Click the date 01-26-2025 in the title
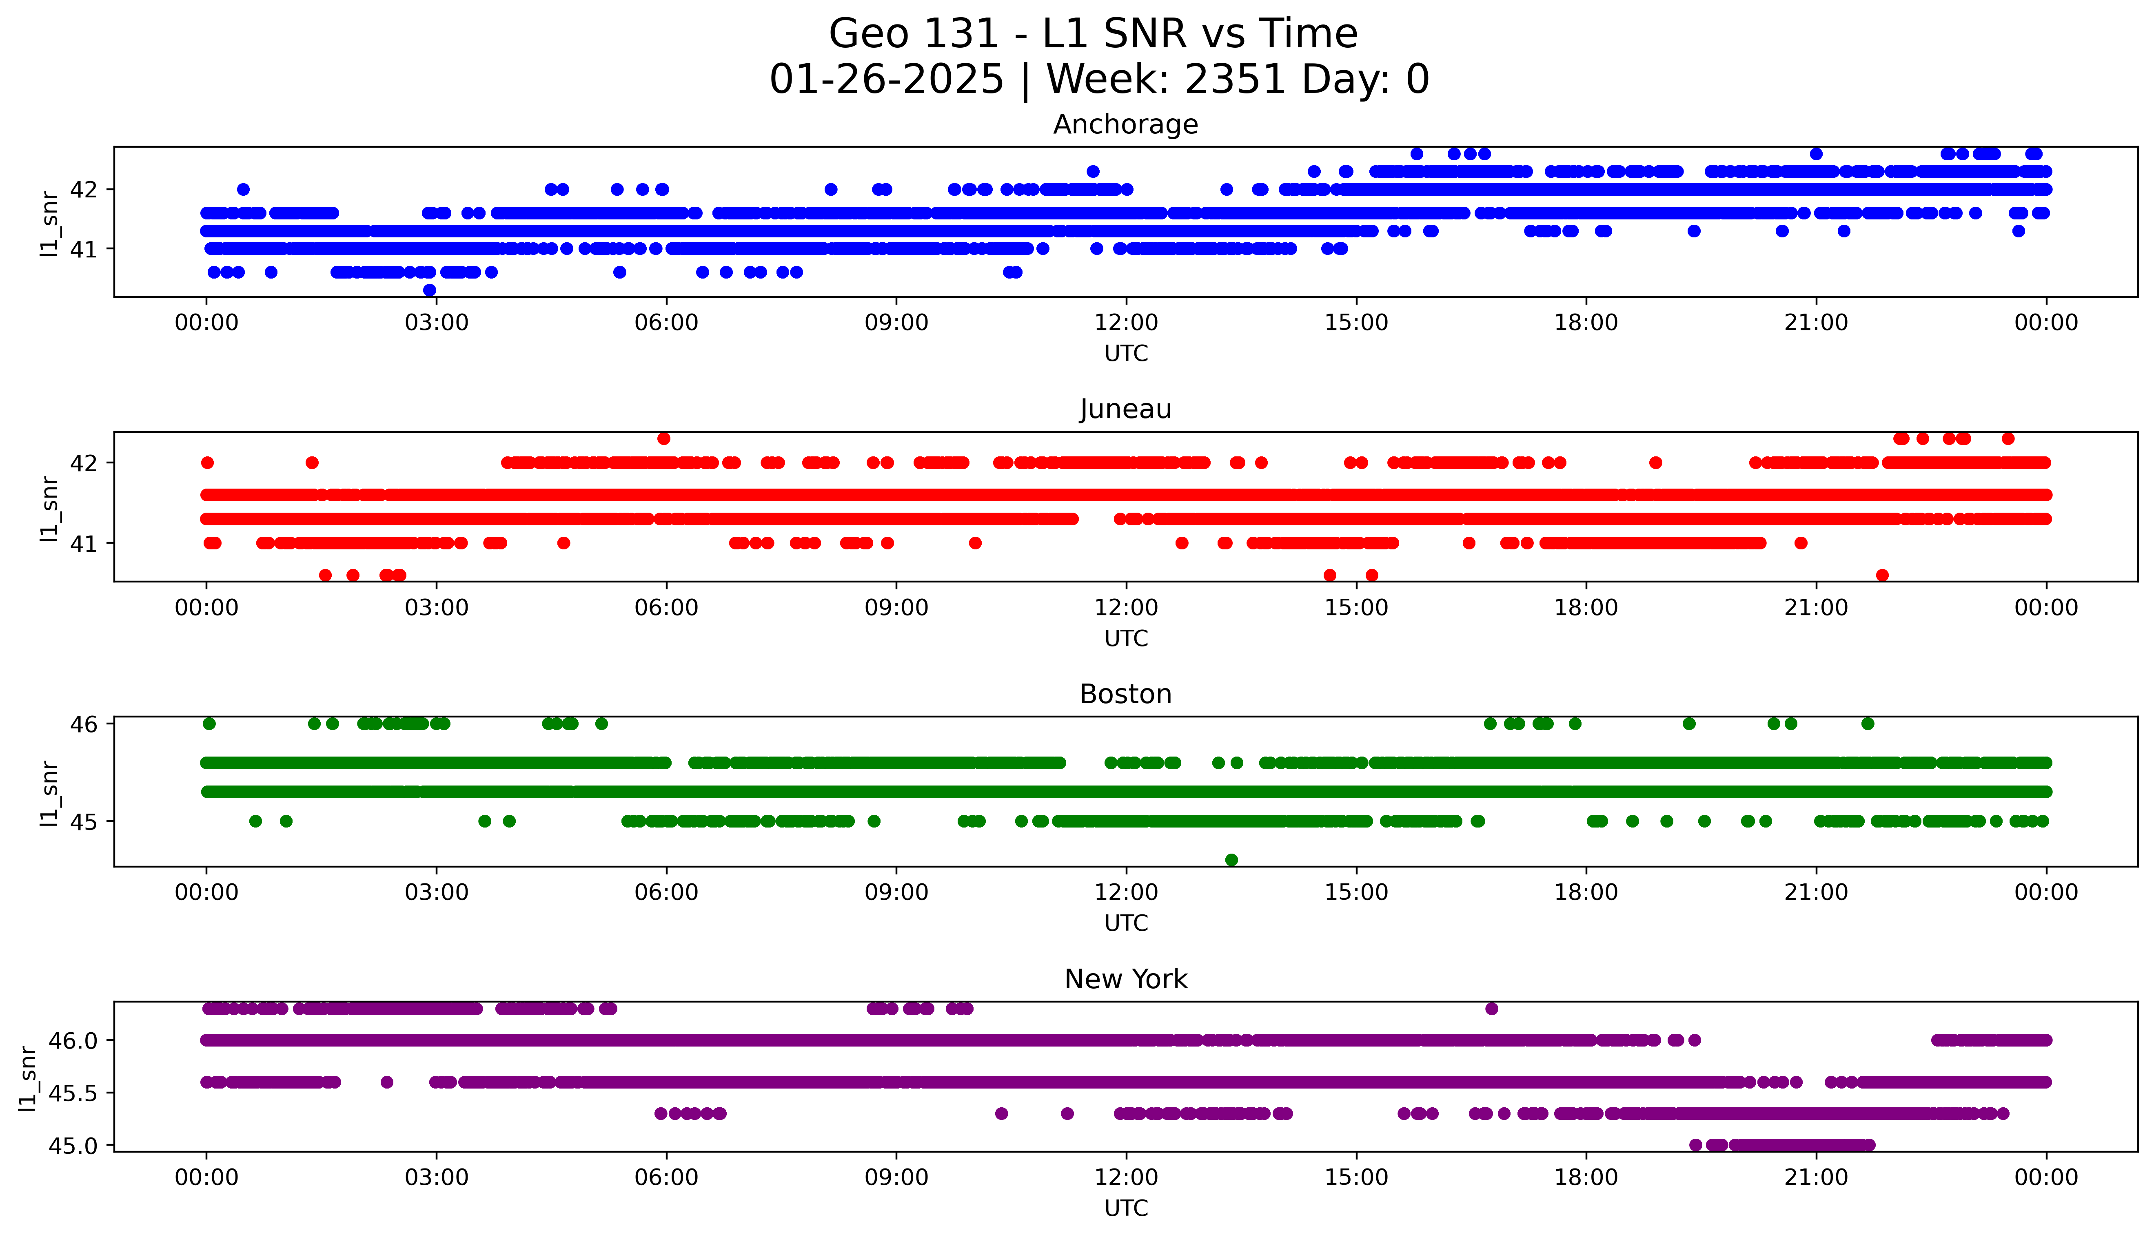pyautogui.click(x=886, y=80)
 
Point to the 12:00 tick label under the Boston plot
pyautogui.click(x=1126, y=893)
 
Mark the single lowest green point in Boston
pyautogui.click(x=1231, y=860)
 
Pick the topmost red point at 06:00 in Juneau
pyautogui.click(x=663, y=438)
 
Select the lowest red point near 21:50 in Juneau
pyautogui.click(x=1882, y=575)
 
